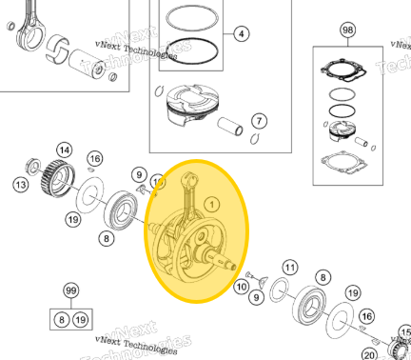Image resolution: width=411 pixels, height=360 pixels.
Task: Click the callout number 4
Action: click(x=241, y=34)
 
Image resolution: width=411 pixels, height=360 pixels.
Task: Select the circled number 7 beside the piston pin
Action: click(x=258, y=121)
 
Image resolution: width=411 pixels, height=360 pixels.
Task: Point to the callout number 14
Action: click(x=64, y=150)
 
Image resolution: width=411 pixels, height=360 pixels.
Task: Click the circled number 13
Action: click(x=19, y=184)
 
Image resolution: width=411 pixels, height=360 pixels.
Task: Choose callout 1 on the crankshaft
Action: click(x=211, y=203)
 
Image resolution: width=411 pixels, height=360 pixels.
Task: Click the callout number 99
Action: click(x=69, y=290)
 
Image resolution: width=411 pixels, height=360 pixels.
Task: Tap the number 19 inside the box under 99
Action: click(x=81, y=319)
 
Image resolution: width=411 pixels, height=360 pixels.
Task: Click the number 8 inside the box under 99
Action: click(x=60, y=319)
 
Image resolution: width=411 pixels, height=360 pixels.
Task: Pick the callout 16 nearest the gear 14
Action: click(x=94, y=158)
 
